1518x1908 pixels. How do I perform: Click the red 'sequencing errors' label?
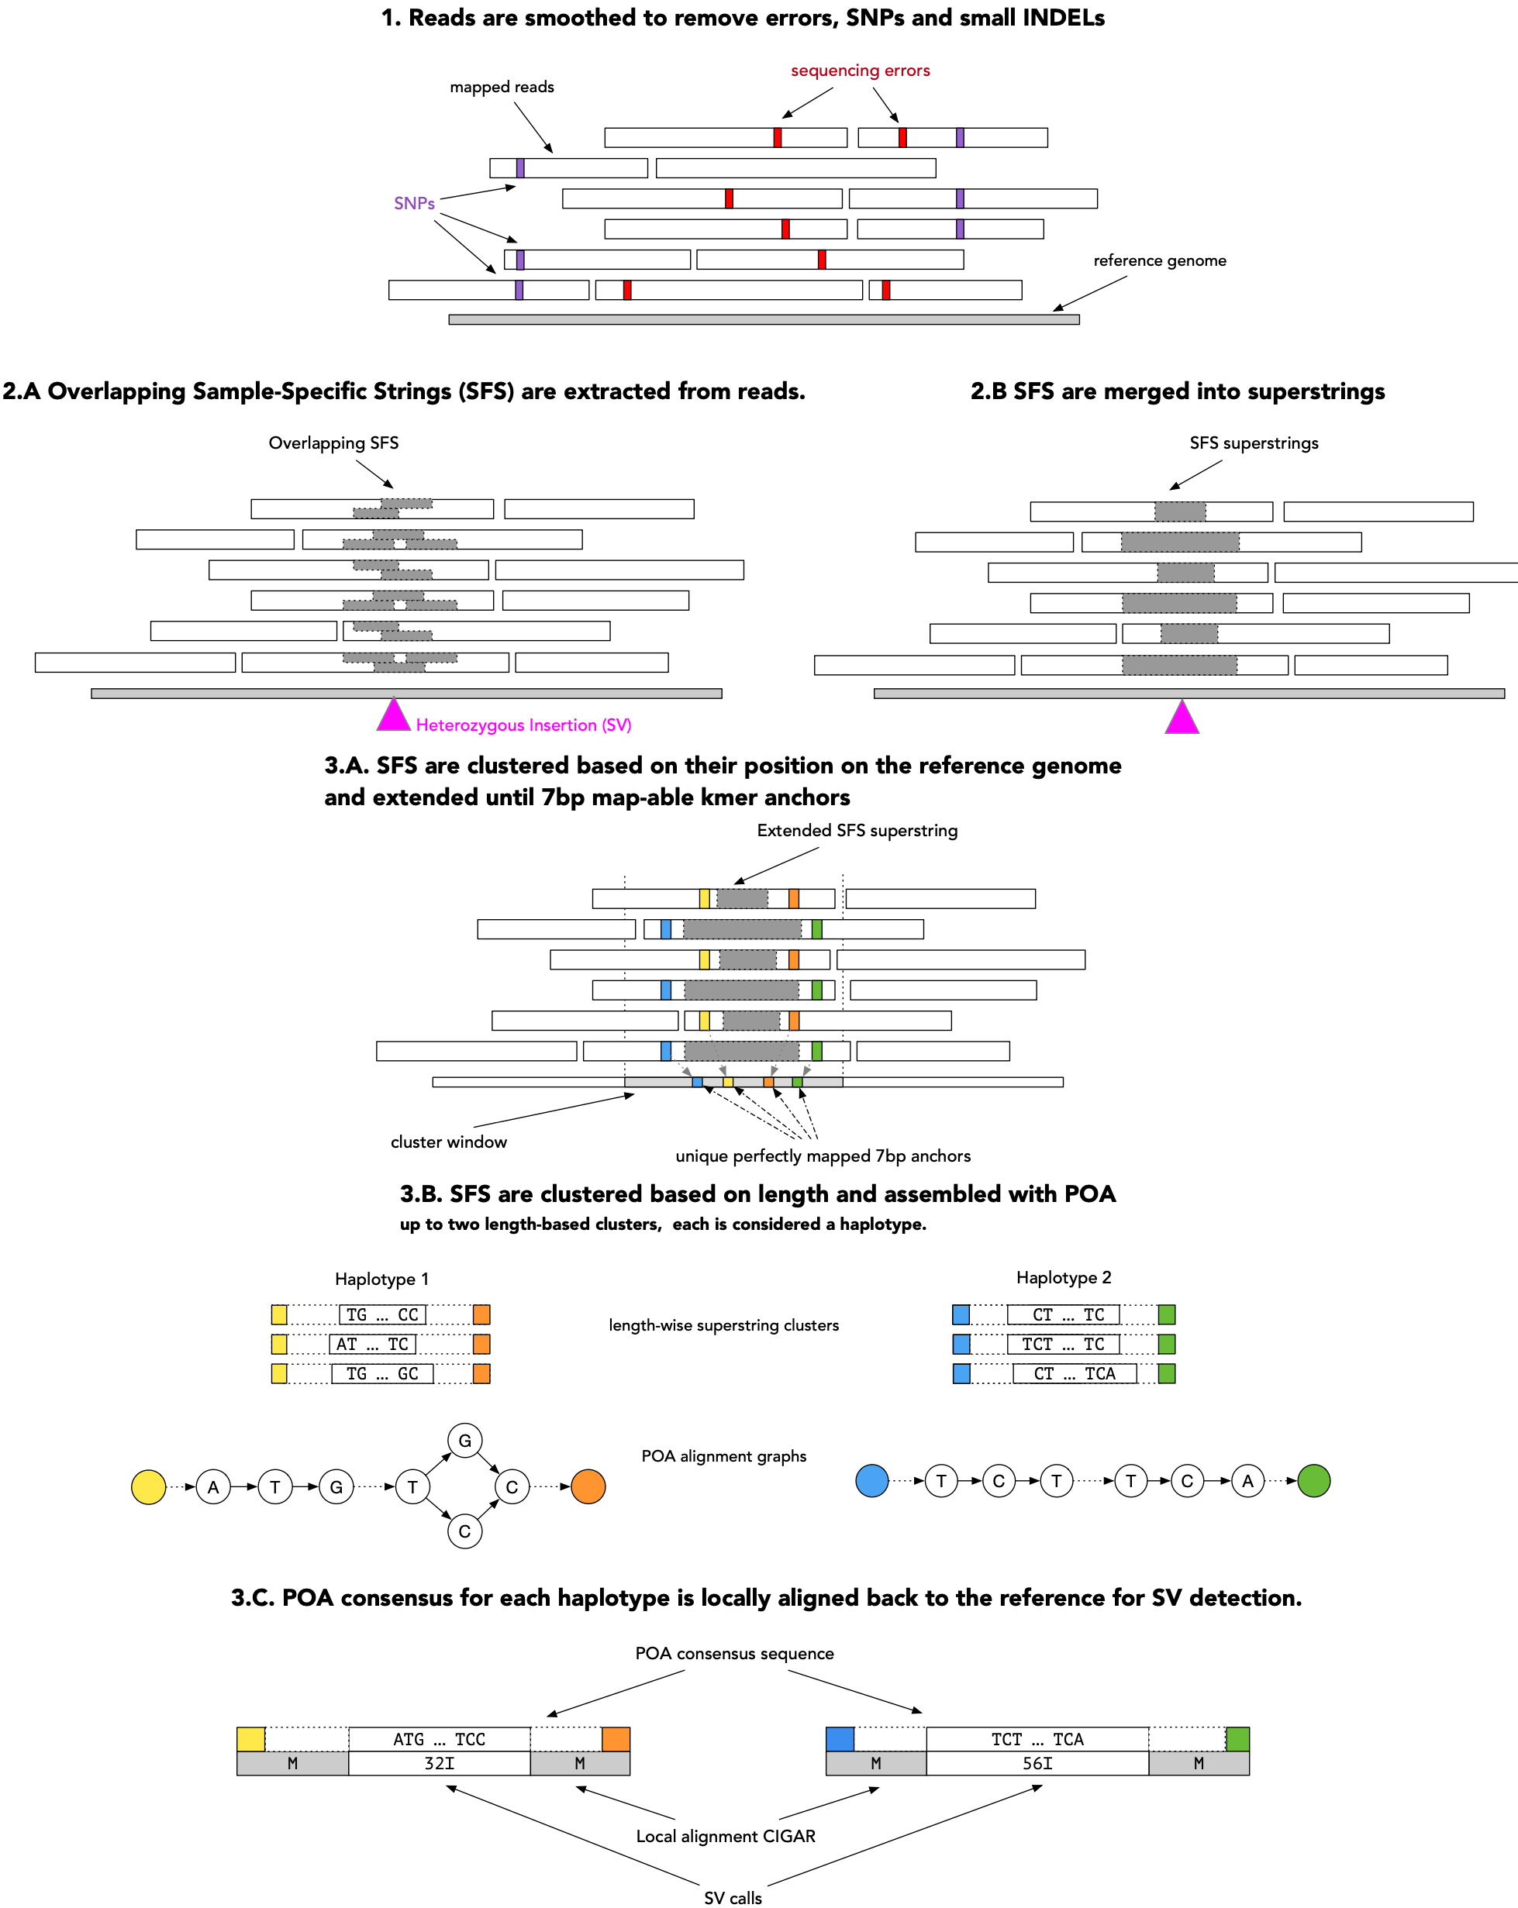pos(860,71)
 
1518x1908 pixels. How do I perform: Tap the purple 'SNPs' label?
pos(414,204)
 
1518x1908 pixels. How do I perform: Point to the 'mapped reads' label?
pos(502,88)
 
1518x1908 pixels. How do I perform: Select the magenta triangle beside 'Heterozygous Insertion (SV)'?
pos(393,717)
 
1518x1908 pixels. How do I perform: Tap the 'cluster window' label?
pos(449,1142)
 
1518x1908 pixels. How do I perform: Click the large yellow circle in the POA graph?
pos(149,1486)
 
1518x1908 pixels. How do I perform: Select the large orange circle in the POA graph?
pos(588,1486)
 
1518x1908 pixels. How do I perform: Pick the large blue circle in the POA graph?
pos(872,1480)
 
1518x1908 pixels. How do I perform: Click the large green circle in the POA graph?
pos(1313,1480)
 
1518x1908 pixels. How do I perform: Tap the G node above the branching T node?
pos(464,1441)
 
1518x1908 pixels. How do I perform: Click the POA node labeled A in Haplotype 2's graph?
pos(1247,1480)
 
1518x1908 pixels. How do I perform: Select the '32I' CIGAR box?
pos(439,1764)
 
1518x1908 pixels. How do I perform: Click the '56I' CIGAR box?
pos(1037,1764)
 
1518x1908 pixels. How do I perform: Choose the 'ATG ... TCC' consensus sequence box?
pos(439,1739)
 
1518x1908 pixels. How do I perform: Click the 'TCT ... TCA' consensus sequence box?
pos(1037,1739)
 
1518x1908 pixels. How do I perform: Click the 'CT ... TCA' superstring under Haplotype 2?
pos(1074,1373)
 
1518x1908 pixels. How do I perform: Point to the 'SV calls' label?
pos(732,1897)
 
